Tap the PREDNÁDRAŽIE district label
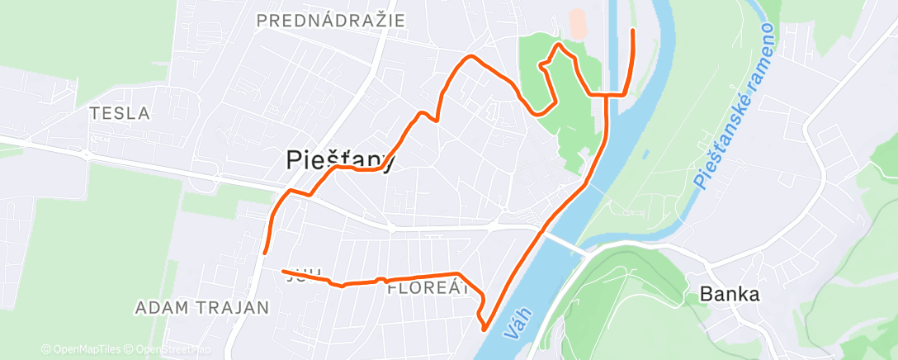(331, 21)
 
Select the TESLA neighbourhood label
(120, 113)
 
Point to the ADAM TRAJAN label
(202, 308)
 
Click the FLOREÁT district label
(428, 289)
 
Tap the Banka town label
(729, 293)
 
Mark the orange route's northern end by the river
(633, 31)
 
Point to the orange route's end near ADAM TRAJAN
(263, 253)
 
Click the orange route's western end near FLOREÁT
(283, 271)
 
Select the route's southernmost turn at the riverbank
(484, 326)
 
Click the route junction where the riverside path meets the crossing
(607, 96)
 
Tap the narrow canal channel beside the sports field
(612, 41)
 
